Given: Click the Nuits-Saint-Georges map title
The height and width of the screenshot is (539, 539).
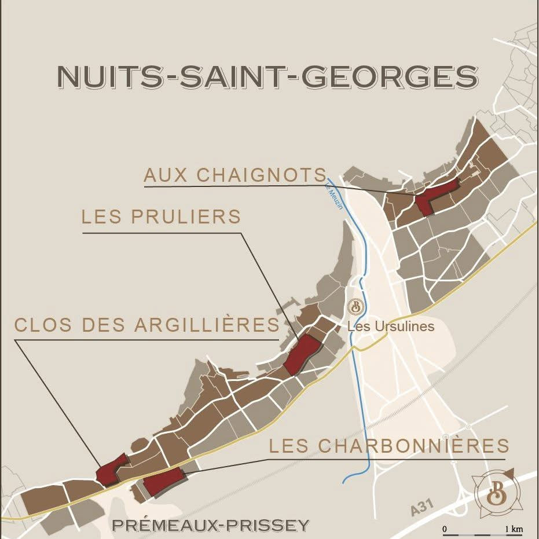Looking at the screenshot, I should coord(268,77).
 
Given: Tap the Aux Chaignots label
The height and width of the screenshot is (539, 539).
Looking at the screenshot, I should coord(235,175).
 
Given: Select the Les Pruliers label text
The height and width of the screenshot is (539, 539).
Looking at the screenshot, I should coord(161,217).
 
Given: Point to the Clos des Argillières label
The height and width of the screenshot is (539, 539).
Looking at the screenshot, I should coord(147,325).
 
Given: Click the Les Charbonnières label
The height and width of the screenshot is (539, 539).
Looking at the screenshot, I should coord(389,446).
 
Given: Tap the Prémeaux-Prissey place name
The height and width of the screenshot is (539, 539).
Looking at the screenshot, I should coord(211,525).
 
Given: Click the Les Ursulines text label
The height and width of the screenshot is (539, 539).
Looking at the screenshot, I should coord(391,327).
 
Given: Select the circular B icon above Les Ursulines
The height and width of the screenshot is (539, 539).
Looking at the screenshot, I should coord(355,306).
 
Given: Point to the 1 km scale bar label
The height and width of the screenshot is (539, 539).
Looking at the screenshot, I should coord(514,529).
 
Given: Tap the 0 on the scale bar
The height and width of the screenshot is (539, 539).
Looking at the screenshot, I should coord(445,529).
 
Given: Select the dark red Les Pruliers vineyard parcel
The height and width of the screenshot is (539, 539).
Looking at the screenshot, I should coord(302,354).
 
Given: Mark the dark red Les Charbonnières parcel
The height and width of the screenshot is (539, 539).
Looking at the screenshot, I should coord(163,482).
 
